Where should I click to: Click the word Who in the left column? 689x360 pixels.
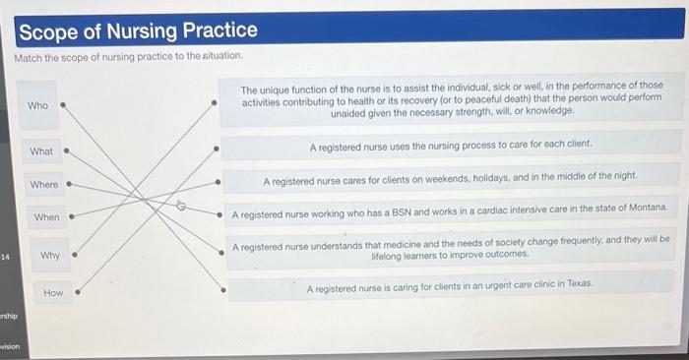coord(37,105)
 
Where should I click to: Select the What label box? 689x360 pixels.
coord(41,151)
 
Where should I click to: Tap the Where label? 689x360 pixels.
coord(44,184)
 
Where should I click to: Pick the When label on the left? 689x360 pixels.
coord(46,216)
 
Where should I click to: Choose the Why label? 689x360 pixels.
coord(50,256)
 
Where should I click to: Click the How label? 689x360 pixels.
coord(53,293)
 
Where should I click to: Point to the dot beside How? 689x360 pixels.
coord(77,292)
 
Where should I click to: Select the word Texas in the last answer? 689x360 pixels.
coord(579,283)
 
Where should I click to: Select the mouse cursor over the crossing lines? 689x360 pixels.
coord(180,206)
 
